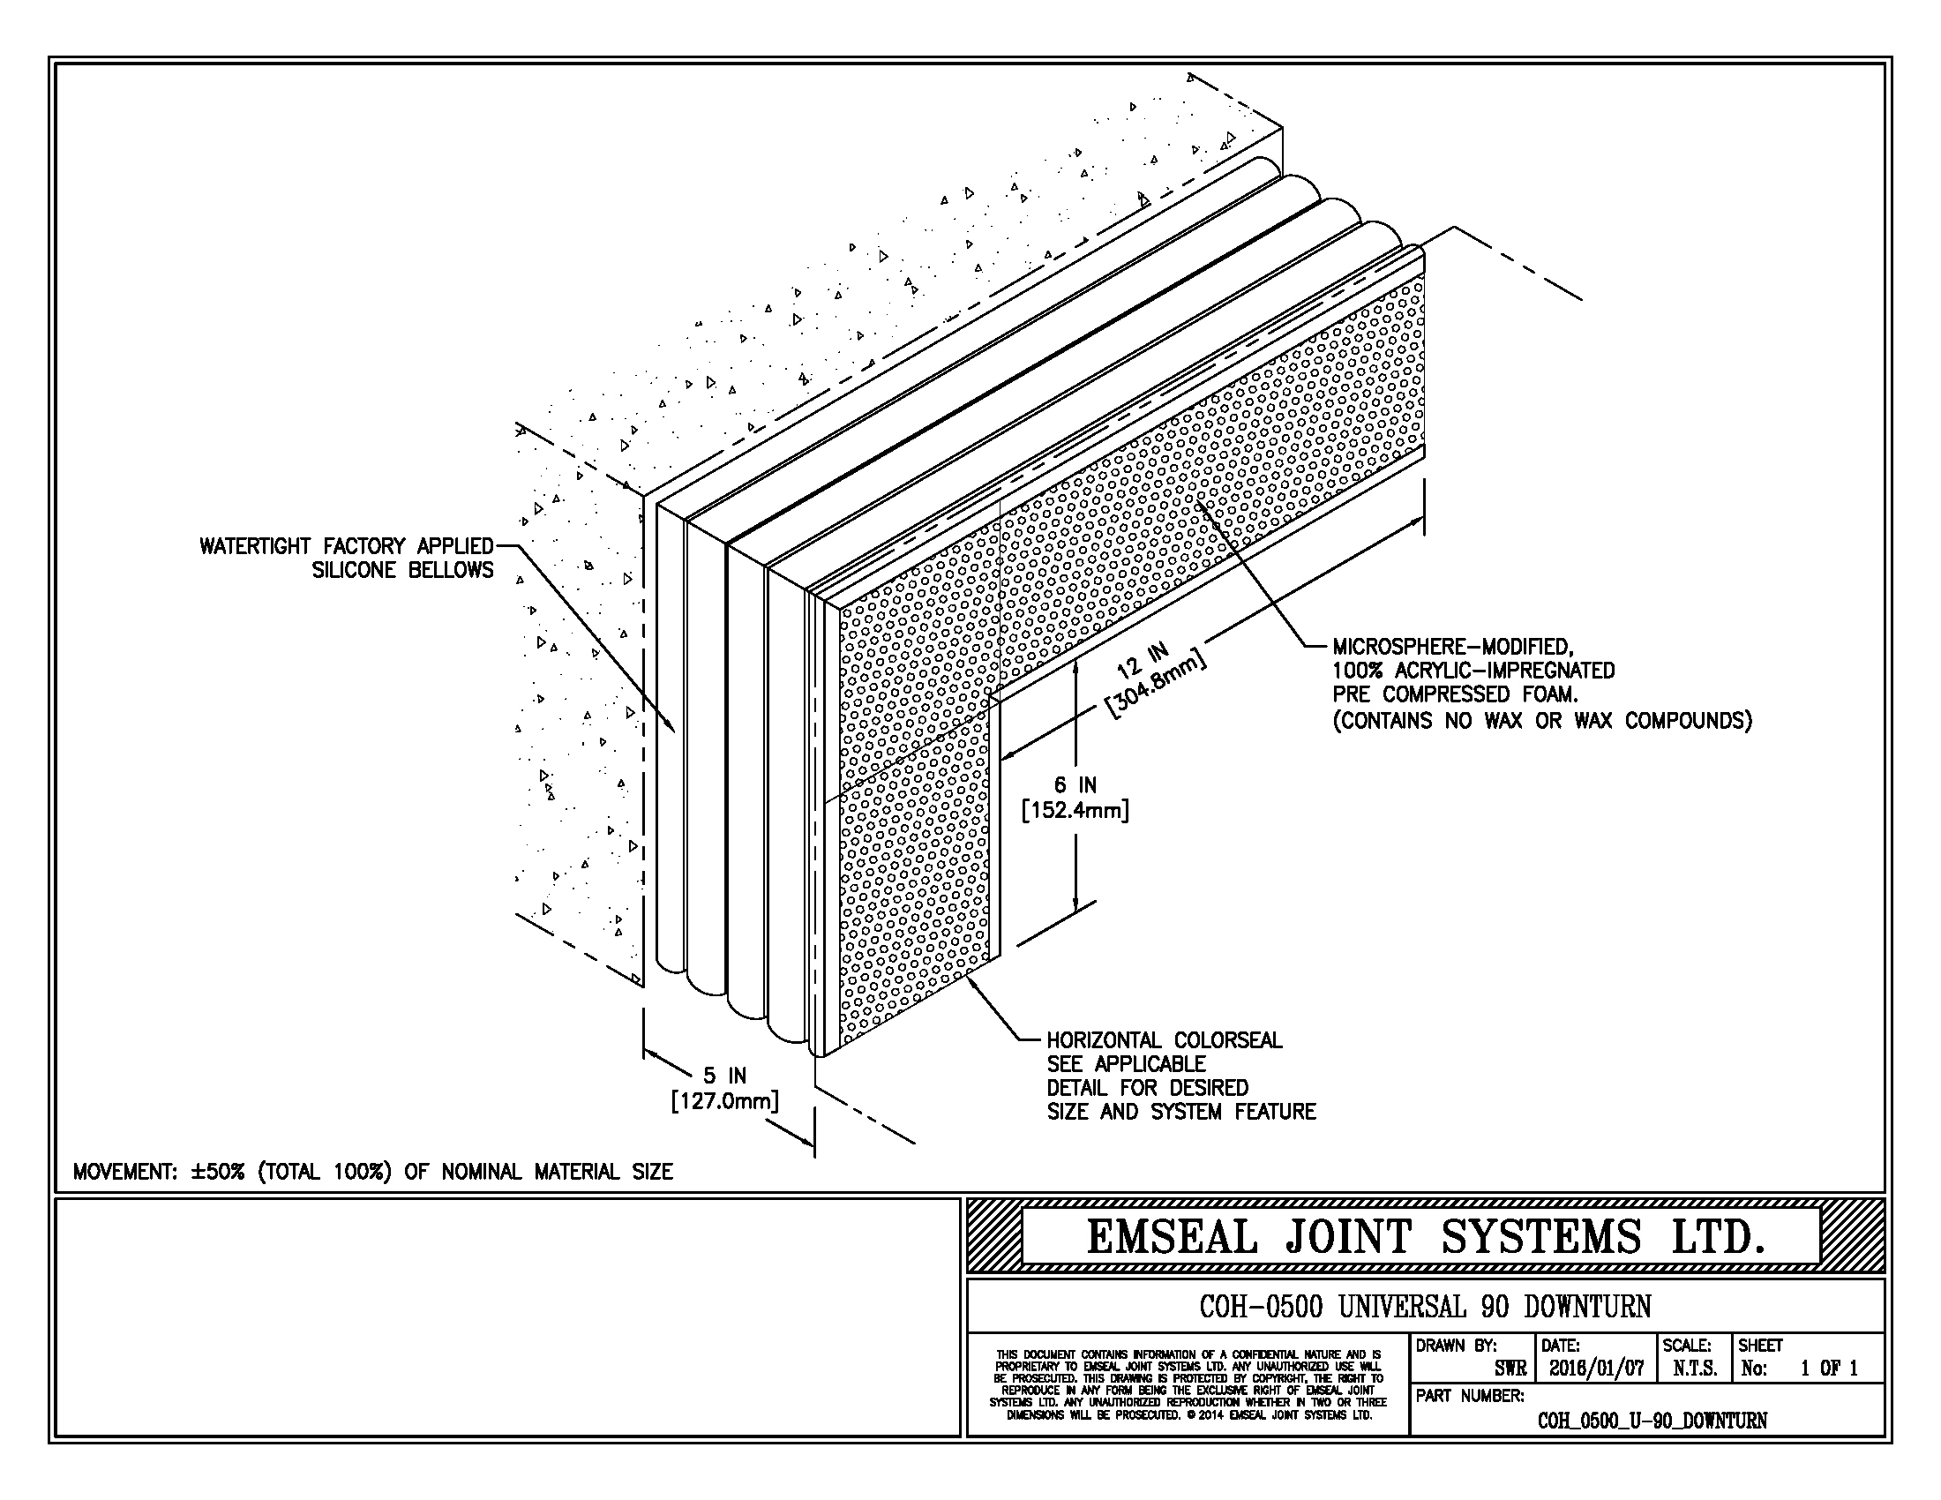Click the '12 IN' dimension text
[x=1142, y=661]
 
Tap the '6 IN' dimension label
[x=1075, y=785]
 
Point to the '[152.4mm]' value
[x=1075, y=810]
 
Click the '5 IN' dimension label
[x=725, y=1077]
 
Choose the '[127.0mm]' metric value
[x=724, y=1102]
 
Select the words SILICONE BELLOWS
[x=401, y=571]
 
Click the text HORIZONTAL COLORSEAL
[x=1164, y=1040]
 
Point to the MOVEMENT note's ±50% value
[x=217, y=1172]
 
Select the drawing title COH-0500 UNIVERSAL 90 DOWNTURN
[x=1425, y=1307]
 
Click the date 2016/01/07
[x=1596, y=1369]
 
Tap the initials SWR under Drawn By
[x=1510, y=1369]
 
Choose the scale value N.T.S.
[x=1694, y=1369]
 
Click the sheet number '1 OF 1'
[x=1828, y=1369]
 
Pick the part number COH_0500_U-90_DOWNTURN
[x=1652, y=1421]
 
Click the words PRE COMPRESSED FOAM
[x=1455, y=695]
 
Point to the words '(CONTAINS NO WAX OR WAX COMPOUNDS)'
[x=1542, y=720]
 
